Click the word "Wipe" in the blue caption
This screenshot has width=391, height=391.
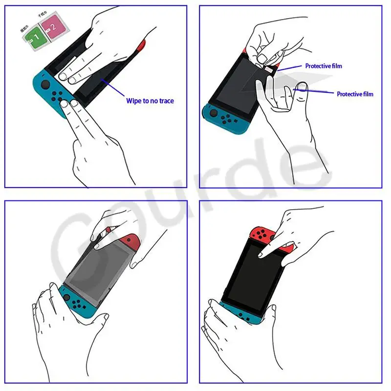(134, 101)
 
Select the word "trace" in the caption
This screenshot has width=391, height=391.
(165, 101)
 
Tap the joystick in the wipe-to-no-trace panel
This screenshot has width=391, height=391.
(44, 84)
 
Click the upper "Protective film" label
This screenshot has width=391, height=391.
(324, 66)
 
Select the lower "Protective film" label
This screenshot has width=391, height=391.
(355, 94)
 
